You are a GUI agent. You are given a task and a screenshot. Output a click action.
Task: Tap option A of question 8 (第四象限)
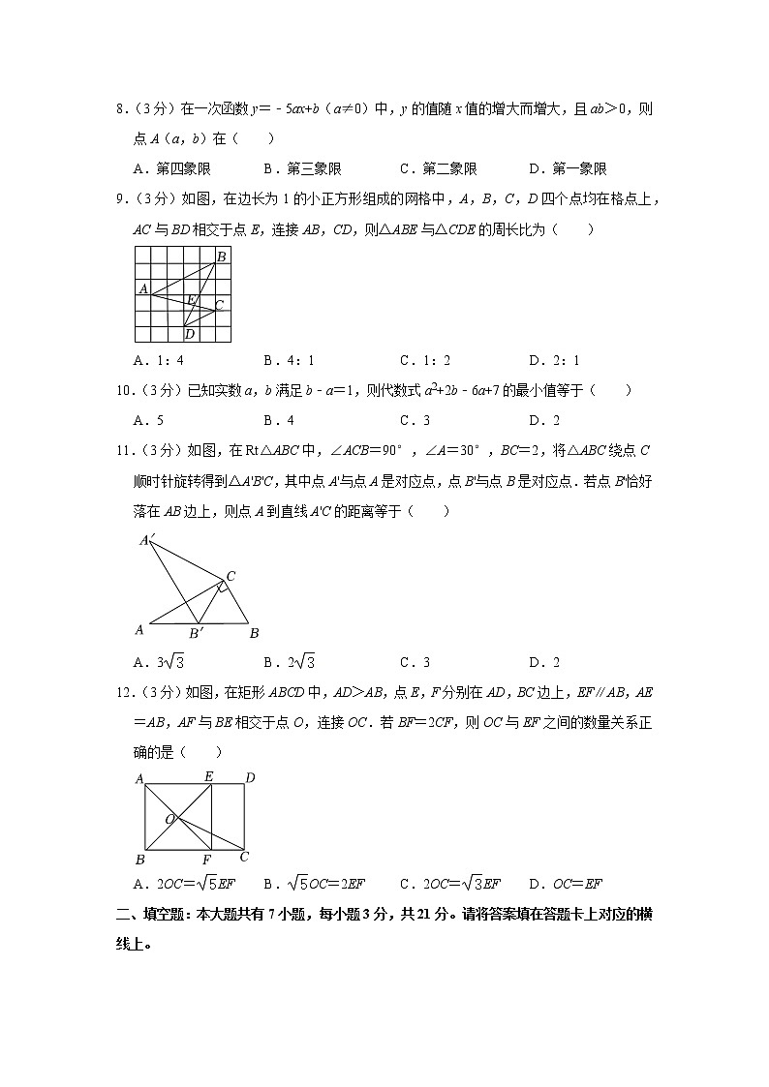point(172,168)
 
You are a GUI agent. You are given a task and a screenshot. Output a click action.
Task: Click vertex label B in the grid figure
point(222,256)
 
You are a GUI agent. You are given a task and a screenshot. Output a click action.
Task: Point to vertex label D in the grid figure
point(190,334)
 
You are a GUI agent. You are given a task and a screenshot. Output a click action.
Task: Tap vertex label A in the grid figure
point(142,288)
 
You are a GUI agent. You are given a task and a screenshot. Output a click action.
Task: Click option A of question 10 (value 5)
point(149,420)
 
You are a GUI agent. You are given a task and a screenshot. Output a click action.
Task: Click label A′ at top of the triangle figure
point(147,540)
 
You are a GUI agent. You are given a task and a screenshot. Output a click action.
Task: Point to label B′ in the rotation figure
point(196,633)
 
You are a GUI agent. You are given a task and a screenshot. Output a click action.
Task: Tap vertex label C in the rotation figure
point(231,576)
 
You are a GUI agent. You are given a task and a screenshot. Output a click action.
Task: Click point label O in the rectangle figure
point(169,819)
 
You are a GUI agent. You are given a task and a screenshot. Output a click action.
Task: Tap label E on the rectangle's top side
point(208,776)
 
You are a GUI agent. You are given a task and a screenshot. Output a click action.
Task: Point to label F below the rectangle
point(206,860)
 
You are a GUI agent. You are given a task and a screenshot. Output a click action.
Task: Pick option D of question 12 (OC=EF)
point(567,883)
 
